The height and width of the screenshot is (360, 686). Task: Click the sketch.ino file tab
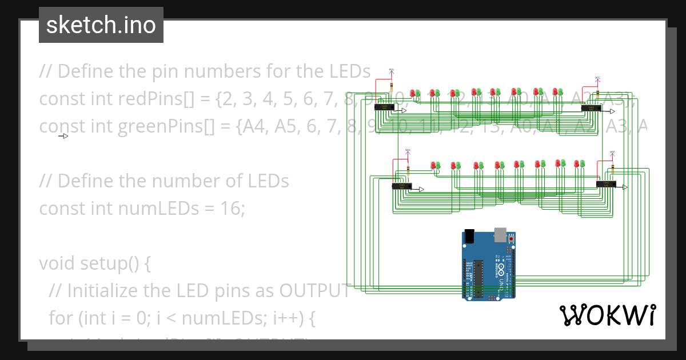[x=101, y=25]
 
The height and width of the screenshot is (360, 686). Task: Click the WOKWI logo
[x=607, y=315]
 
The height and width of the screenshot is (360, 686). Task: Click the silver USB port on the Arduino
[x=500, y=234]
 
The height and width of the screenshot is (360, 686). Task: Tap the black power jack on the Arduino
[x=469, y=235]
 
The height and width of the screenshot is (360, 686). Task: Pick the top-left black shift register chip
[x=384, y=107]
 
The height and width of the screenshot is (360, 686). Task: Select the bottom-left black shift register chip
[x=401, y=186]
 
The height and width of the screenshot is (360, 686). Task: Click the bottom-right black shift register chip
[x=605, y=184]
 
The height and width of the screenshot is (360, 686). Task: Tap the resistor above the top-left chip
[x=392, y=87]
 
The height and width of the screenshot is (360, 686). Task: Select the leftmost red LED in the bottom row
[x=433, y=165]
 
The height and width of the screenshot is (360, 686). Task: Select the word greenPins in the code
[x=165, y=126]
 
